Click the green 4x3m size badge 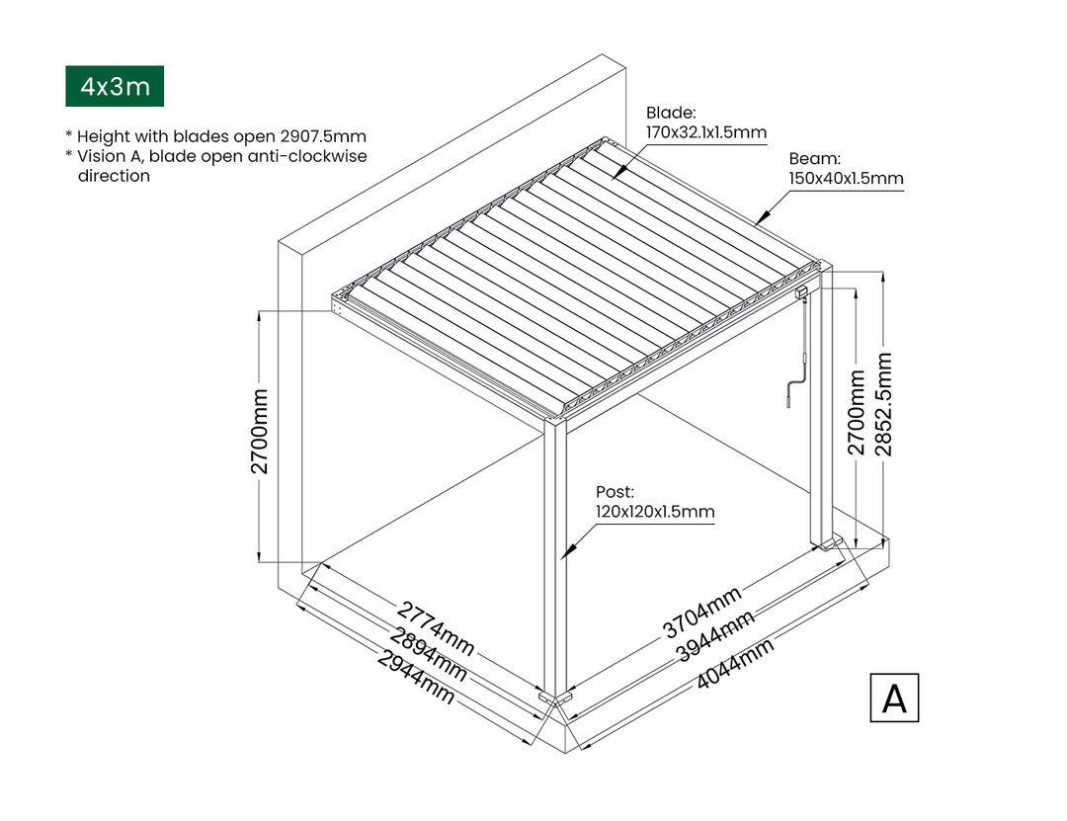pyautogui.click(x=115, y=86)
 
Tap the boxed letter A pyautogui.click(x=894, y=698)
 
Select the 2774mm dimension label pyautogui.click(x=435, y=627)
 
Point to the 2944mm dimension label pyautogui.click(x=416, y=678)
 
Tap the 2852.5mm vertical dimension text pyautogui.click(x=883, y=404)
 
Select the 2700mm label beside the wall pyautogui.click(x=259, y=432)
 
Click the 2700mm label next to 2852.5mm pyautogui.click(x=856, y=413)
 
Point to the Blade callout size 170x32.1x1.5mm pyautogui.click(x=706, y=132)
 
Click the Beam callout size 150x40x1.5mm pyautogui.click(x=846, y=179)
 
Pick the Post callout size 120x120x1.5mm pyautogui.click(x=655, y=511)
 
